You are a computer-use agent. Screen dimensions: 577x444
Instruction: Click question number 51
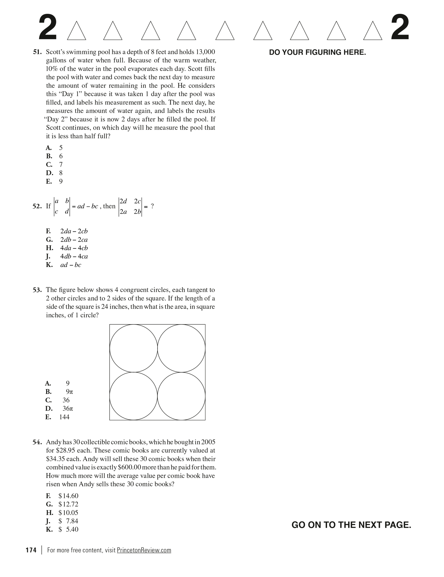(x=37, y=52)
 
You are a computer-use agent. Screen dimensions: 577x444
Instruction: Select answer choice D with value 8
(x=54, y=173)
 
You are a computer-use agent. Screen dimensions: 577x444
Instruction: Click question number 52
(x=37, y=206)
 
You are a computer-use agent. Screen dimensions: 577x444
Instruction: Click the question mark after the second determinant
(x=152, y=206)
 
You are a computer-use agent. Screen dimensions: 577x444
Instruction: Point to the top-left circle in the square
(x=133, y=348)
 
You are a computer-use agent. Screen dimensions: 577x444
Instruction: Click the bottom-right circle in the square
(x=181, y=396)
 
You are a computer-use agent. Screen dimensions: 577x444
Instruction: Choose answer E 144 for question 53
(x=58, y=417)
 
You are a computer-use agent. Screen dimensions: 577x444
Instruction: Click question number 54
(x=37, y=442)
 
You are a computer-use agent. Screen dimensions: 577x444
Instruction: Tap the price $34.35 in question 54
(x=55, y=459)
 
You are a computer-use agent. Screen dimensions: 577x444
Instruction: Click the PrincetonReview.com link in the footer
(x=144, y=550)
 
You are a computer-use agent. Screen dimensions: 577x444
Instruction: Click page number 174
(x=31, y=550)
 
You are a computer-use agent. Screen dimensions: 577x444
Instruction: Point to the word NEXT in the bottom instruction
(x=371, y=525)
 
